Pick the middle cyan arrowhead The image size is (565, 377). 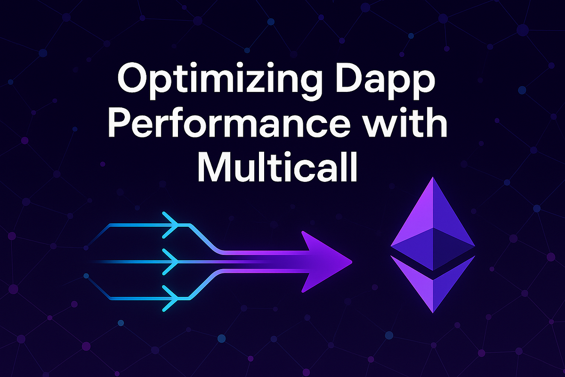click(170, 261)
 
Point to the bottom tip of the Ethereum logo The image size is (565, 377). click(433, 311)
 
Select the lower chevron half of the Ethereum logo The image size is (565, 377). click(433, 283)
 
